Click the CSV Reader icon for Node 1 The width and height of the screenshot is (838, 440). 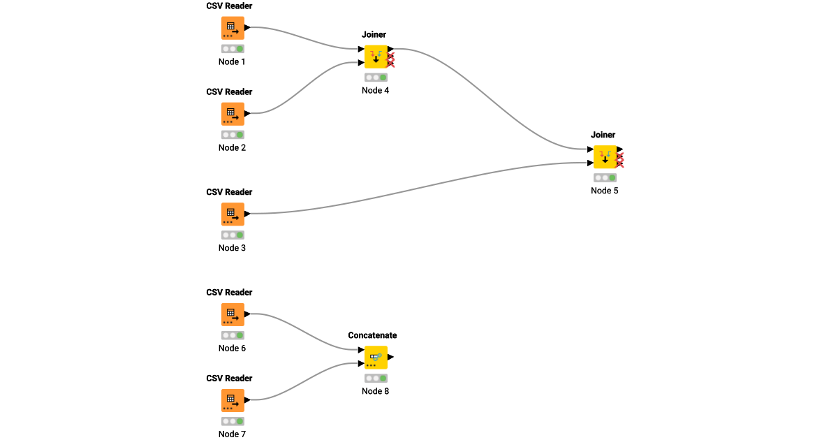point(233,29)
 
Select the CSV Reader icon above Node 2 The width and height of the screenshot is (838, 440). point(233,115)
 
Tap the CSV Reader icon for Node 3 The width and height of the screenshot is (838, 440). point(233,214)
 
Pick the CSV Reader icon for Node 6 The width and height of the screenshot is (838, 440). point(233,315)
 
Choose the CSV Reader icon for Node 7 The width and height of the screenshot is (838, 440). point(233,401)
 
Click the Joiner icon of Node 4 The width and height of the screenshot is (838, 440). point(376,57)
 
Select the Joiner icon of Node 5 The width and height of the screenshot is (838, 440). point(605,157)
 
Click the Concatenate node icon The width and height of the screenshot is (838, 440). point(376,358)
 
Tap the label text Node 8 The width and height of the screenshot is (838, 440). point(376,391)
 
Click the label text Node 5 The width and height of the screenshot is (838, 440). point(605,191)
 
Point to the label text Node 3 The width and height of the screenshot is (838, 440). point(233,248)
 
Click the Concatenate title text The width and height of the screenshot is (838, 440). point(372,335)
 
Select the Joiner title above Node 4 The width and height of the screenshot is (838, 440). point(374,34)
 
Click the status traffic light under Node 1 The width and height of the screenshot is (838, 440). point(233,49)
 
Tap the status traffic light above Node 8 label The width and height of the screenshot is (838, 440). point(376,378)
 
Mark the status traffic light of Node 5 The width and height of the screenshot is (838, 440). point(605,177)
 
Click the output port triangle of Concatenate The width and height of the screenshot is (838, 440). point(391,357)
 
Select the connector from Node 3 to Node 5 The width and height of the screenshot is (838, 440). point(419,186)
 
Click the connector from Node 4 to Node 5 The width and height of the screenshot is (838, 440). point(489,98)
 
